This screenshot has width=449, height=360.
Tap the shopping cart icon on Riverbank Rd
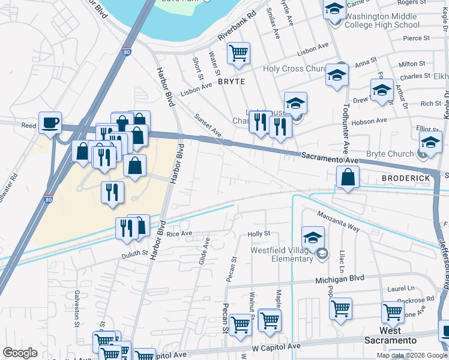pyautogui.click(x=239, y=53)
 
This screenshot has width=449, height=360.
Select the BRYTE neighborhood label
pyautogui.click(x=232, y=81)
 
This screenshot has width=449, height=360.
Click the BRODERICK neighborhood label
pyautogui.click(x=405, y=179)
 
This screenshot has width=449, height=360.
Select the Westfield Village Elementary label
pyautogui.click(x=282, y=254)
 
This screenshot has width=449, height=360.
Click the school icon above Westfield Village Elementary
pyautogui.click(x=313, y=238)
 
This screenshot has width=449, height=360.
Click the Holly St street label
pyautogui.click(x=259, y=233)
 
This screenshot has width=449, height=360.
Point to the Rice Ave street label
pyautogui.click(x=179, y=233)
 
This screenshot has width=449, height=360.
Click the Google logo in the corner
pyautogui.click(x=20, y=353)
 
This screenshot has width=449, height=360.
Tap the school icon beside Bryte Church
pyautogui.click(x=430, y=143)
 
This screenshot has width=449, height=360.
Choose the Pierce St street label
pyautogui.click(x=417, y=38)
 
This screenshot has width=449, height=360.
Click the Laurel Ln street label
pyautogui.click(x=400, y=289)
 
